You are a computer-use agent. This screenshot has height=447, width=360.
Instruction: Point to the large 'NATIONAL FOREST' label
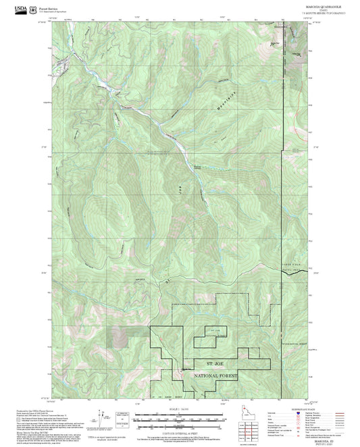pos(215,376)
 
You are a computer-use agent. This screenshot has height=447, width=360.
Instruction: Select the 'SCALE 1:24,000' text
pos(179,408)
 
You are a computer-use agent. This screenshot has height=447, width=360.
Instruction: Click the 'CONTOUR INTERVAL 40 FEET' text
pos(179,429)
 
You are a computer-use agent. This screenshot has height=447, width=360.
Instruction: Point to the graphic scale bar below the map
pos(179,417)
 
